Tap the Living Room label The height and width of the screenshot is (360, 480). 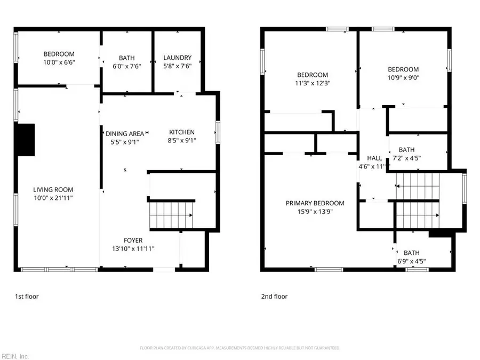tap(53, 189)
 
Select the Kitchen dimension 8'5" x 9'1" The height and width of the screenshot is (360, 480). tap(182, 141)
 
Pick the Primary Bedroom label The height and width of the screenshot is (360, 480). tap(315, 203)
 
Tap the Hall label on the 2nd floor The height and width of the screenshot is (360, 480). tap(374, 158)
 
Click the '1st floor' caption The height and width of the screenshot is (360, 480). tap(26, 296)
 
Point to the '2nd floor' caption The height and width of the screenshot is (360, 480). tap(275, 296)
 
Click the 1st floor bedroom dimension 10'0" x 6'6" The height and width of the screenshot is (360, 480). tap(59, 62)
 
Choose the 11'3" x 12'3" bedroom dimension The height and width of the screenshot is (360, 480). tap(313, 83)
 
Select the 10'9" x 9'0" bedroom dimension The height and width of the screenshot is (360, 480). tap(403, 77)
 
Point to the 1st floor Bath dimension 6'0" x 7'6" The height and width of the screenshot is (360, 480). tap(126, 66)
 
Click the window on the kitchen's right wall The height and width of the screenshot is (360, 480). tap(218, 132)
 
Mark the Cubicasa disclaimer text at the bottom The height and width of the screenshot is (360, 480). tap(239, 348)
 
